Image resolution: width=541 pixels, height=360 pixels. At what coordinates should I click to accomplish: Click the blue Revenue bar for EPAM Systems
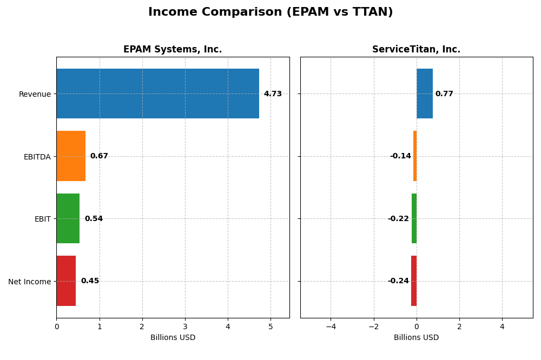pos(157,94)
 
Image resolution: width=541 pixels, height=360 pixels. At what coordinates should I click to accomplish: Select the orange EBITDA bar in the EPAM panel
pos(71,156)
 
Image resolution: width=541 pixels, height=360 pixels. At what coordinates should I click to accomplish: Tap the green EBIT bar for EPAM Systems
pos(68,218)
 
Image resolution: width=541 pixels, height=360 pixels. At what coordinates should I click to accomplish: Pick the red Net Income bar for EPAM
pos(66,281)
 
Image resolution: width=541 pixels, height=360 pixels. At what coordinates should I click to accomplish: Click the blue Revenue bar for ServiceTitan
pos(424,94)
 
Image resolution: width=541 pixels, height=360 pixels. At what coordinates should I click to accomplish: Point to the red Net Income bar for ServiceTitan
pos(414,281)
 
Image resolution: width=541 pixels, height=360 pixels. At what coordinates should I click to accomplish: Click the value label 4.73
pos(273,94)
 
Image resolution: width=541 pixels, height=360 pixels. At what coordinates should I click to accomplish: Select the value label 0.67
pos(99,156)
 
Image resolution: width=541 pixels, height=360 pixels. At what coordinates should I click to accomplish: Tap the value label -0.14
pos(400,156)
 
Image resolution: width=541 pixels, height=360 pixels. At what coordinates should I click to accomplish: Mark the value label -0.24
pos(398,281)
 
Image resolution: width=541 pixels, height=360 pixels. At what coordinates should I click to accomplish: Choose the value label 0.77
pos(444,94)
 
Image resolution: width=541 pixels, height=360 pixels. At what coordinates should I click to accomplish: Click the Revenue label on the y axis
pos(35,95)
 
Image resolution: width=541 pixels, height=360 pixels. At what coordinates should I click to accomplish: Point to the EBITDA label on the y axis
pos(37,157)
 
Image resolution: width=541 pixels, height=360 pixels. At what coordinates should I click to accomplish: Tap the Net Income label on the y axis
pos(29,282)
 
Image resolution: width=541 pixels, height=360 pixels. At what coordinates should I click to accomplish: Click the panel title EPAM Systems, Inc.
pos(173,50)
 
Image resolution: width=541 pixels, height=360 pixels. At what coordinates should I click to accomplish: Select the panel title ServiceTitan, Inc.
pos(416,50)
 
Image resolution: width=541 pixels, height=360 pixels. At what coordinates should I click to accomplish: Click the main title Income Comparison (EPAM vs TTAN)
pos(270,12)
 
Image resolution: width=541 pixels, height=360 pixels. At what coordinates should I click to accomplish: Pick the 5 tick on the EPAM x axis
pos(270,326)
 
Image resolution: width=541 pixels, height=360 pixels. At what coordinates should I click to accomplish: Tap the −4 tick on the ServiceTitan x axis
pos(331,326)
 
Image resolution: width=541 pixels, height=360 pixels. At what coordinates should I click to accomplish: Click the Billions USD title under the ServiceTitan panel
pos(416,338)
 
